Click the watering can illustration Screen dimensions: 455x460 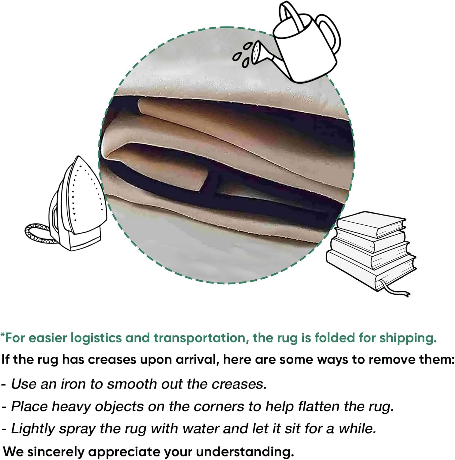[x=294, y=43]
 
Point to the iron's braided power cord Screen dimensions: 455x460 [x=38, y=233]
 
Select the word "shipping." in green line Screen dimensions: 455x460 [x=408, y=338]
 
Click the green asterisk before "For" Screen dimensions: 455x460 [x=2, y=335]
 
